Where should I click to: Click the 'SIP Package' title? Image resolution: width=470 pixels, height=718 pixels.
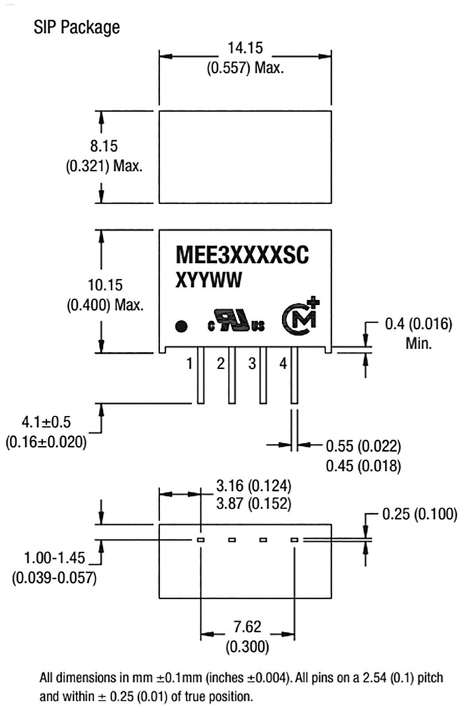pyautogui.click(x=76, y=27)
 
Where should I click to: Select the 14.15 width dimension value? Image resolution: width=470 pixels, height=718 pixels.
pyautogui.click(x=245, y=48)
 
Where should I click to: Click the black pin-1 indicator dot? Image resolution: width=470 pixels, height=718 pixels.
pyautogui.click(x=181, y=325)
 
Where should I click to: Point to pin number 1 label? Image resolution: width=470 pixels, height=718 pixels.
pyautogui.click(x=189, y=363)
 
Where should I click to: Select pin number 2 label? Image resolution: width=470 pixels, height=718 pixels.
pyautogui.click(x=220, y=363)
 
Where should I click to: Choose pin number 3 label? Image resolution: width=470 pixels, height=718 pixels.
pyautogui.click(x=252, y=363)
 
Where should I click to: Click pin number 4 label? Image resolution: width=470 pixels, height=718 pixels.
pyautogui.click(x=283, y=363)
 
